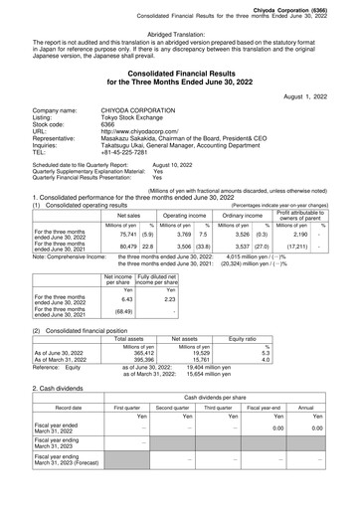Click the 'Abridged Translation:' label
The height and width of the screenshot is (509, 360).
(x=179, y=33)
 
